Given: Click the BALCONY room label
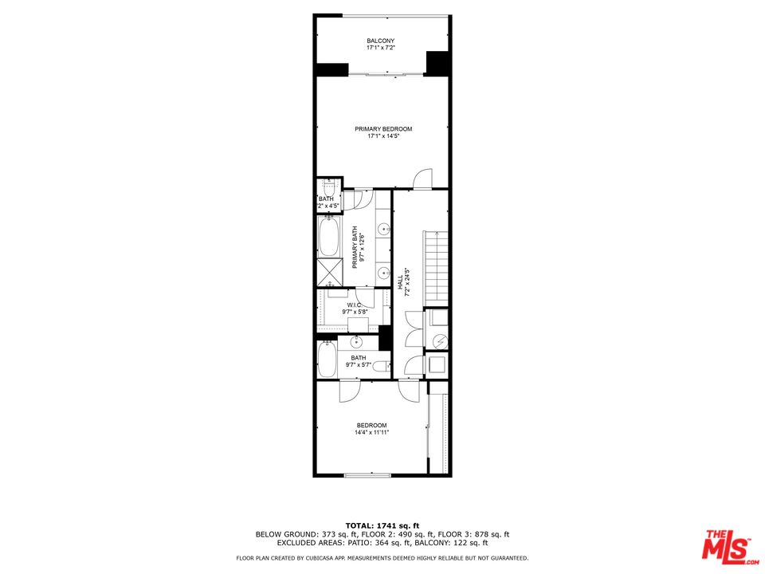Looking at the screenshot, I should pos(381,41).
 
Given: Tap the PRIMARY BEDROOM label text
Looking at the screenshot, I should pos(383,128).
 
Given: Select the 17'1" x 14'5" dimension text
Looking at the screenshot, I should pos(383,136).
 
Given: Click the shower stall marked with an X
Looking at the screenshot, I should pos(328,272).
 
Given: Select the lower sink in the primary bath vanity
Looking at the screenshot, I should pos(383,272).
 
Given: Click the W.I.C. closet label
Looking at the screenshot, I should pos(354,305).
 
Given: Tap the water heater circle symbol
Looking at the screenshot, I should pos(437,340).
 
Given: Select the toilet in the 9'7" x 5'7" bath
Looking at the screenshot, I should pos(381,366).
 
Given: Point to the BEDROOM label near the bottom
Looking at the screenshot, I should pos(371,425).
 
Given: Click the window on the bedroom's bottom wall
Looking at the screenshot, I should pos(367,476).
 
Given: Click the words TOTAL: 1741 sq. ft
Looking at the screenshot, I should pos(382,525).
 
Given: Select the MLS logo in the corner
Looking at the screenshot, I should pos(728,544).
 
